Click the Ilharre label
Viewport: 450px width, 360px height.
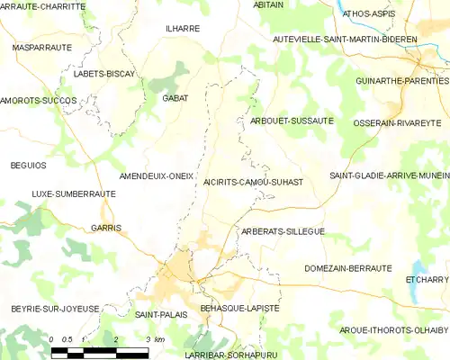coord(182,28)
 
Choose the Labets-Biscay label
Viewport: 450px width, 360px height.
coord(104,72)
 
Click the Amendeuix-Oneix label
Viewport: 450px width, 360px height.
coord(157,176)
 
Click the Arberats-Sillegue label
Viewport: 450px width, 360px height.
coord(283,231)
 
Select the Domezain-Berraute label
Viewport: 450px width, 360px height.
coord(348,268)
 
